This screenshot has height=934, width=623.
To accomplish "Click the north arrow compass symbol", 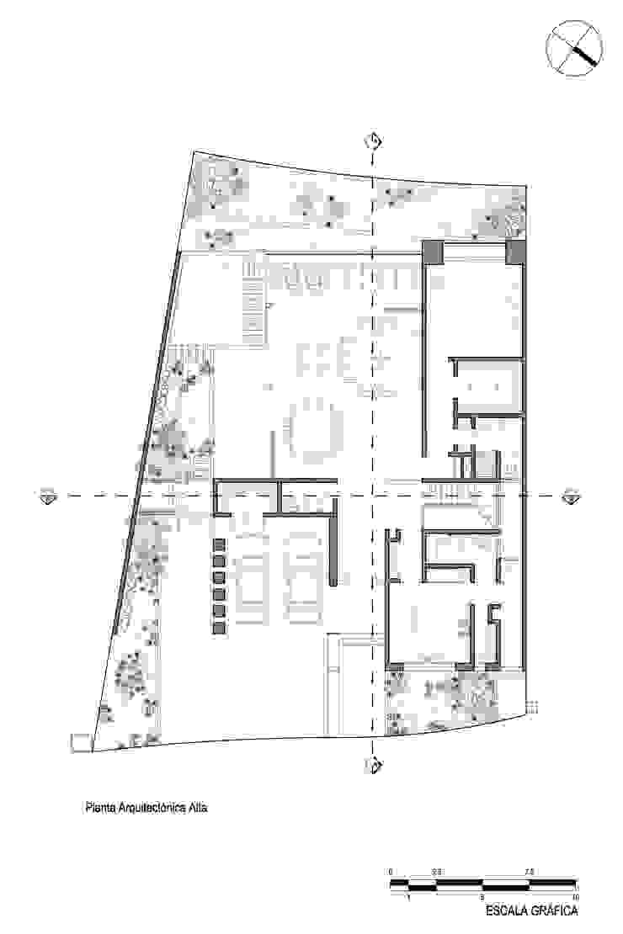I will tap(574, 45).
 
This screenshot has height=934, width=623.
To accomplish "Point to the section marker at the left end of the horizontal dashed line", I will tap(47, 496).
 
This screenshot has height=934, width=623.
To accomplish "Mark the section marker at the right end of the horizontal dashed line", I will tap(571, 496).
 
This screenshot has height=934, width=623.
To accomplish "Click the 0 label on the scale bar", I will tap(391, 872).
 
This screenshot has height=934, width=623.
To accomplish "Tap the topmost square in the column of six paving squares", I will tap(219, 544).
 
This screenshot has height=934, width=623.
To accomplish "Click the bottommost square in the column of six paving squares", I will tap(219, 628).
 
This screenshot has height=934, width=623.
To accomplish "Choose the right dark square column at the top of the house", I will tap(515, 251).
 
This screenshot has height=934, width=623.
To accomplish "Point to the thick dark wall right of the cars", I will tap(336, 544).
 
